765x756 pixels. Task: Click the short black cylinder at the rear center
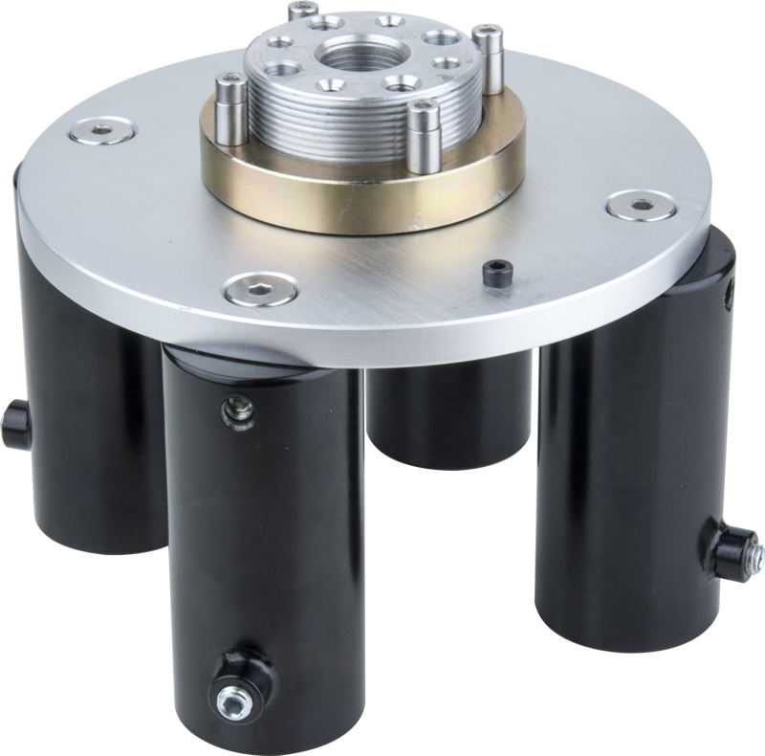[449, 421]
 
